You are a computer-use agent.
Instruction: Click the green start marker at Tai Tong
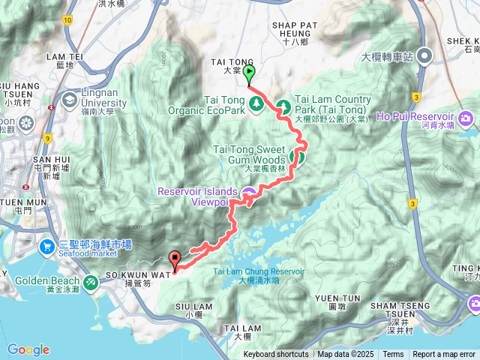pyautogui.click(x=248, y=73)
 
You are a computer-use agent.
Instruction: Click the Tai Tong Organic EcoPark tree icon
pyautogui.click(x=256, y=103)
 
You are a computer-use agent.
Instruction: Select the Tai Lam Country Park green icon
pyautogui.click(x=283, y=106)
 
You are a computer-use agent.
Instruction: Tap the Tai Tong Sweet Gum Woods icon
pyautogui.click(x=297, y=157)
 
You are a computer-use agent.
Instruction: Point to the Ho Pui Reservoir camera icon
pyautogui.click(x=466, y=118)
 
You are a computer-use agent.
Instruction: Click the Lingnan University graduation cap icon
pyautogui.click(x=70, y=98)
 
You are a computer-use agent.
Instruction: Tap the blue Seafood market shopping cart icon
pyautogui.click(x=47, y=245)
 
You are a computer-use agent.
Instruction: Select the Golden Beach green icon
pyautogui.click(x=91, y=281)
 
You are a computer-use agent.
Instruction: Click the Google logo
pyautogui.click(x=28, y=349)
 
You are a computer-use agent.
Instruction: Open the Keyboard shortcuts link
pyautogui.click(x=275, y=355)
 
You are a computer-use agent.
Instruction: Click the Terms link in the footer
pyautogui.click(x=393, y=355)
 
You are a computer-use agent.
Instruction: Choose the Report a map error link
pyautogui.click(x=445, y=355)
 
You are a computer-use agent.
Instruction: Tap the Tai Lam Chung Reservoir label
pyautogui.click(x=259, y=275)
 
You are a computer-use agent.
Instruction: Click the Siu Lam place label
pyautogui.click(x=188, y=310)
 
